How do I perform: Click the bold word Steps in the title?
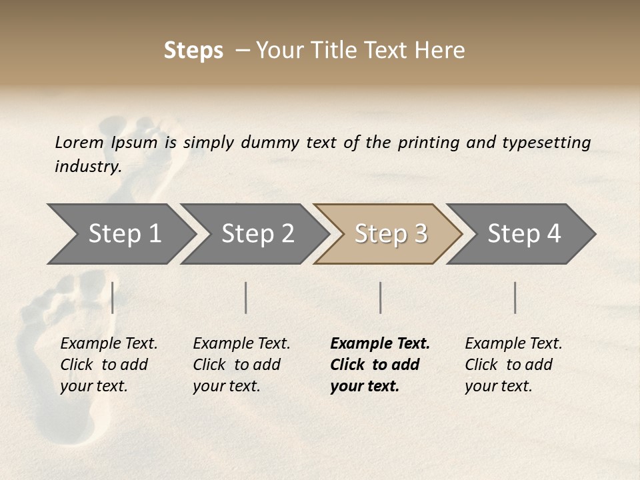[x=193, y=51]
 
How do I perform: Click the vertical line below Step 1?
[x=113, y=297]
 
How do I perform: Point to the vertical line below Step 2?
[x=246, y=297]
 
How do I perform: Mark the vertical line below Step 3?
[x=381, y=297]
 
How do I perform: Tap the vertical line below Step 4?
[x=515, y=297]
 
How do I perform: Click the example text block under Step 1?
[x=109, y=365]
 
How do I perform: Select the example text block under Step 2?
[x=241, y=365]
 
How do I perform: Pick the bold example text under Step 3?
[x=380, y=365]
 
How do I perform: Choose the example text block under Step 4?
[x=513, y=365]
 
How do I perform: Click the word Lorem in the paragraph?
[x=79, y=143]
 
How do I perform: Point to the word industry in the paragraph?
[x=88, y=167]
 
